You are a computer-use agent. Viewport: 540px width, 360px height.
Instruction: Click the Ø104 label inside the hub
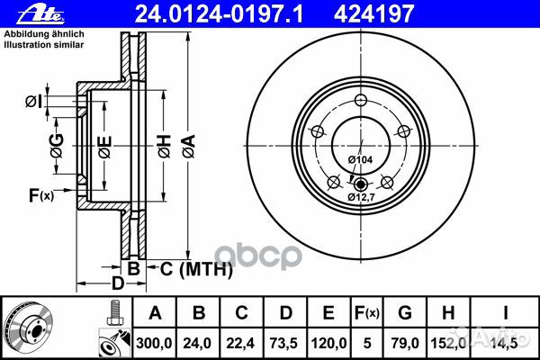(x=359, y=159)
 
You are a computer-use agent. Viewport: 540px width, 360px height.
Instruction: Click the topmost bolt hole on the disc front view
(x=360, y=101)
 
